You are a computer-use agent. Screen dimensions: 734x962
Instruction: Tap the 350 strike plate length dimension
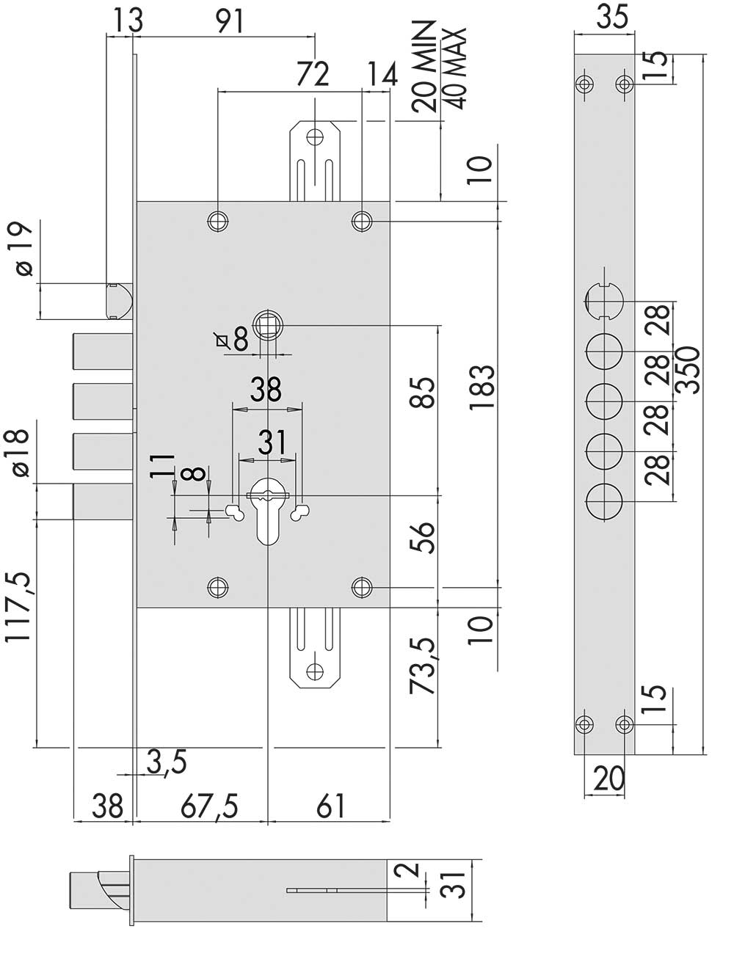(x=688, y=371)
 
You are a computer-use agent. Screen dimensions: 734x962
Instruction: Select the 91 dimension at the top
(x=229, y=21)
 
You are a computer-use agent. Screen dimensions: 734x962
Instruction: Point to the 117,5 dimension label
(x=18, y=608)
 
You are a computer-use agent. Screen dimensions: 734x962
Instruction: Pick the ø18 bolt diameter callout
(x=18, y=453)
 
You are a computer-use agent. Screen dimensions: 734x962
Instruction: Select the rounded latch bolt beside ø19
(x=119, y=301)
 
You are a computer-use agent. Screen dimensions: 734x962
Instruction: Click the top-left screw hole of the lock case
(x=218, y=222)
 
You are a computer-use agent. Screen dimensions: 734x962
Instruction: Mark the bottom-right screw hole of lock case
(x=362, y=588)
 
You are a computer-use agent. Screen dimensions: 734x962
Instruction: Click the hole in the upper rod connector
(x=315, y=137)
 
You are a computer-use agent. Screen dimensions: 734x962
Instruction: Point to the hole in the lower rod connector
(x=315, y=671)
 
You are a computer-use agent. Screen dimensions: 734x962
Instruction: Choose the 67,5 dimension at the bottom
(x=209, y=805)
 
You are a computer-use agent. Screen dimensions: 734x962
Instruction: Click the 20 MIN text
(x=424, y=66)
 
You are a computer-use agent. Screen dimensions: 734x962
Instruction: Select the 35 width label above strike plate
(x=613, y=17)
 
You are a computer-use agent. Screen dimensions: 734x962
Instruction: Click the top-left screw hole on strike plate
(x=584, y=84)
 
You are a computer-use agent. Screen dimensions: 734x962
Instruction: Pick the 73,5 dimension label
(x=423, y=666)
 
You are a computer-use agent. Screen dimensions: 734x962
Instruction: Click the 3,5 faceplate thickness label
(x=167, y=762)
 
